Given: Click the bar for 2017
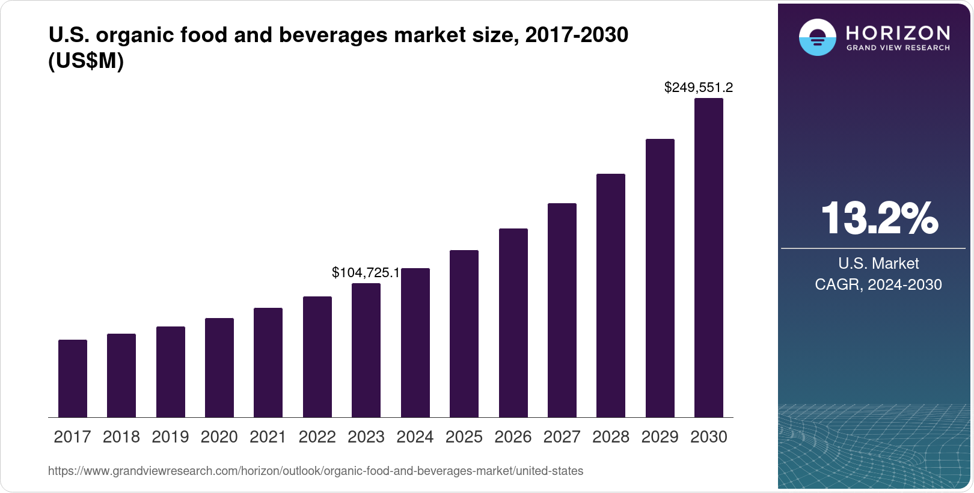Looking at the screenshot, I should pos(73,379).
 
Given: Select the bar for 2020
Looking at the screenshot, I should pos(219,368).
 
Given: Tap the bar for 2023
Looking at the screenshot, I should pos(366,351).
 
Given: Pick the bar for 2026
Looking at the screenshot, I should pos(513,323).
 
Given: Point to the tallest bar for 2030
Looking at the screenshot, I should pos(709,258).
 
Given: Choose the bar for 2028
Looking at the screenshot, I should pos(611,296).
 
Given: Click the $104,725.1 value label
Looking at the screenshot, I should pos(366,273).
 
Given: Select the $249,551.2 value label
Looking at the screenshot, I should pos(698,88).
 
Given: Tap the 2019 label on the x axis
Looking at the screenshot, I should pos(170,437).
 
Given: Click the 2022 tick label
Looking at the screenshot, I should pos(317,437).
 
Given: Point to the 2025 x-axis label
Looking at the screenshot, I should pos(464,437).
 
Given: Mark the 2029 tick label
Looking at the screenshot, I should pos(660,437).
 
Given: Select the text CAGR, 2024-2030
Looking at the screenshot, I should pos(878,284).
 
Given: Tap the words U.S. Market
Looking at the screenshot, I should pos(878,263).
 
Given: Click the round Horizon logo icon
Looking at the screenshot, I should pos(817,37).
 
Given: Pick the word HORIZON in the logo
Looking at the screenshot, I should pos(898,32).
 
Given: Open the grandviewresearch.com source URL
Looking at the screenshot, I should pos(315,471).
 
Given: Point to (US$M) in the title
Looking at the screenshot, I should pos(86,61).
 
